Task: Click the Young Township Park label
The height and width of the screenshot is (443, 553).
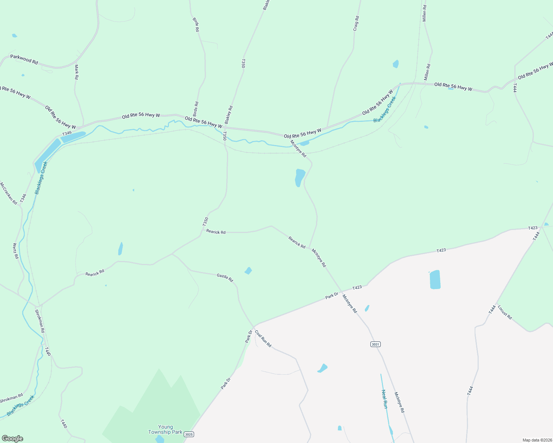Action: click(x=165, y=429)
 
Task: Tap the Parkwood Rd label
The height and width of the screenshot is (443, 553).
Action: click(x=24, y=59)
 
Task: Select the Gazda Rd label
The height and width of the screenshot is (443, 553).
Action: click(x=225, y=277)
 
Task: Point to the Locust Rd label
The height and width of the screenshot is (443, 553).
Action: click(x=505, y=312)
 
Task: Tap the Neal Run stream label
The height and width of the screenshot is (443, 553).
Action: click(x=384, y=399)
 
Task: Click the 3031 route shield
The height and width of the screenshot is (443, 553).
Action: click(x=375, y=344)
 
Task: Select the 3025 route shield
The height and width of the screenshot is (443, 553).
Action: click(x=189, y=434)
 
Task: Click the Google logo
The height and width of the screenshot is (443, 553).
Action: click(x=12, y=438)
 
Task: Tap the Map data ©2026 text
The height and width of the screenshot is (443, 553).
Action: click(x=537, y=440)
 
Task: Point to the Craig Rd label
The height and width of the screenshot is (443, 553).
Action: click(x=356, y=23)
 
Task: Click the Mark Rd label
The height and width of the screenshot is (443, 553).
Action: click(x=77, y=72)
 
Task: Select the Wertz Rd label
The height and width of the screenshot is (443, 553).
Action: click(x=16, y=251)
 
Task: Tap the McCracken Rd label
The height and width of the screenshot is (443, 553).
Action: click(x=9, y=193)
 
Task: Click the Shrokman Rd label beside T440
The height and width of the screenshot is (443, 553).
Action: click(x=40, y=321)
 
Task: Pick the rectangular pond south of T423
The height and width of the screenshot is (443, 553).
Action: click(x=435, y=279)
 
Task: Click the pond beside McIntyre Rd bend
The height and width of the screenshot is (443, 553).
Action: click(x=299, y=178)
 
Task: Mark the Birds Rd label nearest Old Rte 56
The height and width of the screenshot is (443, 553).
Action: click(x=196, y=109)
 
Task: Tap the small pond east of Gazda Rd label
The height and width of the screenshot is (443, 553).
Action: click(x=248, y=271)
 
